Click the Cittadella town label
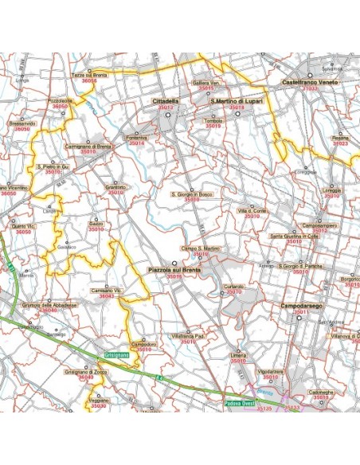166,102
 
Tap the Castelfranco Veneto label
310,83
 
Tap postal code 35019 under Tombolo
212,126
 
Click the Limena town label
238,355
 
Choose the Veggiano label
100,401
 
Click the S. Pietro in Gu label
53,166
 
